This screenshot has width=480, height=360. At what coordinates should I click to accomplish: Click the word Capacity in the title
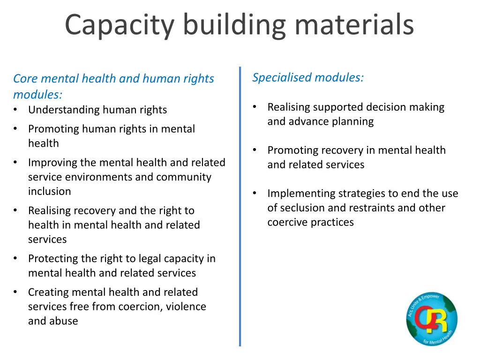click(119, 25)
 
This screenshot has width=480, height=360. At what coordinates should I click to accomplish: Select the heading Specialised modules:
click(308, 77)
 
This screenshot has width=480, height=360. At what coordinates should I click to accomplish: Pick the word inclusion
click(50, 191)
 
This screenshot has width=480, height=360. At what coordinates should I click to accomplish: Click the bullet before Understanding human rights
click(16, 110)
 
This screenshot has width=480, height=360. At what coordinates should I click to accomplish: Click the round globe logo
click(432, 319)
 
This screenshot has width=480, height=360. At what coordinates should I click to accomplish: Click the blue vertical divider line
click(240, 206)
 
